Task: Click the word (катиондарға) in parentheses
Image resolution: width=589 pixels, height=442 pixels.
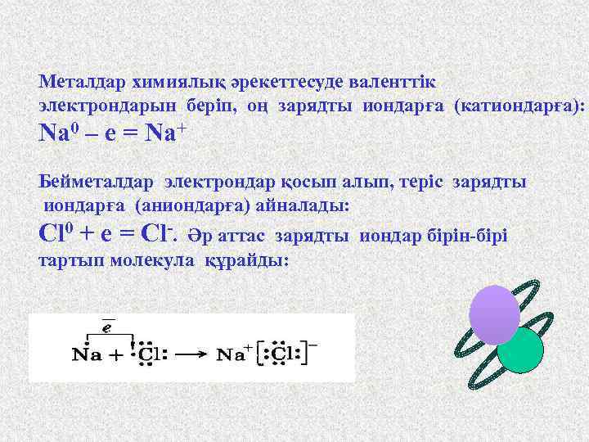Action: click(x=519, y=106)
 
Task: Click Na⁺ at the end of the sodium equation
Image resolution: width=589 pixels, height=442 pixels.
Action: click(x=165, y=133)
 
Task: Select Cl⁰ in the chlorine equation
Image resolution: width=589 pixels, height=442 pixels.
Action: click(x=56, y=235)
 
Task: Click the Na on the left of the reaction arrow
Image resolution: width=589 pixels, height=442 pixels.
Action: click(x=86, y=355)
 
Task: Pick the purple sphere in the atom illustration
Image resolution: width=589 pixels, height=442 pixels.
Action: click(x=494, y=314)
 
